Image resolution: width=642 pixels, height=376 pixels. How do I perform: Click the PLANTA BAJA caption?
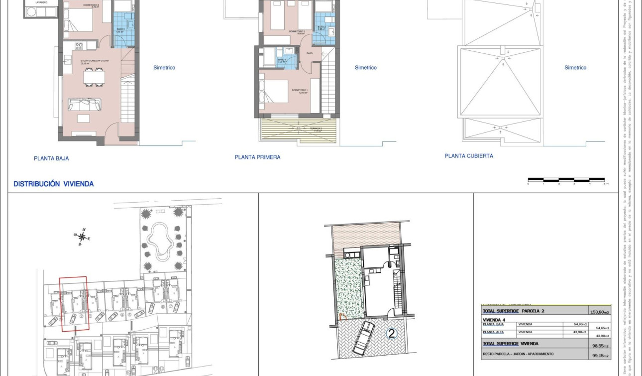pos(51,158)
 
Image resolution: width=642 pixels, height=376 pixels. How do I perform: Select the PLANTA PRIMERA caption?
pos(257,157)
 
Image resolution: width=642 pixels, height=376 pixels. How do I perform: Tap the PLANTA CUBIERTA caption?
pos(469,156)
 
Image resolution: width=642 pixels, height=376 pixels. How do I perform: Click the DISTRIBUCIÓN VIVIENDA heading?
pos(53,184)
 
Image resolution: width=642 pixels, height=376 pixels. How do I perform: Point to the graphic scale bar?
pos(566,179)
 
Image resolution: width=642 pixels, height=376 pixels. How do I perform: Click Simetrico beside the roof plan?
pos(575,68)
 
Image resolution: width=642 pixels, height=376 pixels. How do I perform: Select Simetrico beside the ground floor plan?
pos(164,68)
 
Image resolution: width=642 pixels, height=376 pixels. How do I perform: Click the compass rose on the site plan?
pos(82,236)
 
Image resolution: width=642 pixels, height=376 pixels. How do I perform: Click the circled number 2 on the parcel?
pos(392,334)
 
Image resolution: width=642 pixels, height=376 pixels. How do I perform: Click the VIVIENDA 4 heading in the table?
pos(494,319)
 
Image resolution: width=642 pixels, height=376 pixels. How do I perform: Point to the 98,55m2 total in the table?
pos(601,345)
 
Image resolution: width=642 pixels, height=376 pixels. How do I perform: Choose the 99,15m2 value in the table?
pos(601,355)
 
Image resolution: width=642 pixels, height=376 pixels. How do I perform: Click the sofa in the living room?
pos(85,104)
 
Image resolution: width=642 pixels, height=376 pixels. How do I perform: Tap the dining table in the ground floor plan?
pos(94,77)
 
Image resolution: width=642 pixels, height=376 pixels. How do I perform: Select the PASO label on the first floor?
pos(309,53)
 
